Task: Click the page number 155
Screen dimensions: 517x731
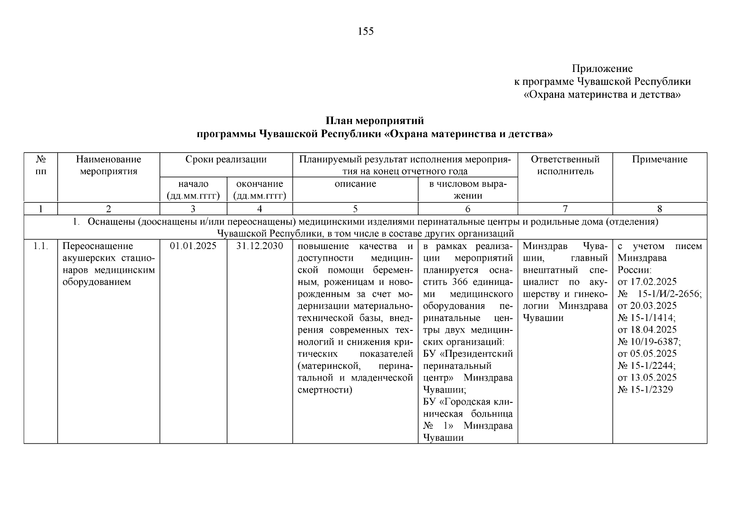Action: pyautogui.click(x=365, y=31)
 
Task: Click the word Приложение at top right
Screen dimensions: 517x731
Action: pyautogui.click(x=602, y=69)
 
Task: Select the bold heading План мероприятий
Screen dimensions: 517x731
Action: pyautogui.click(x=374, y=121)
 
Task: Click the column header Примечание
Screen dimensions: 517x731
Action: pyautogui.click(x=659, y=159)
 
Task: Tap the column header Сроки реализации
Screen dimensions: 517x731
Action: pyautogui.click(x=226, y=159)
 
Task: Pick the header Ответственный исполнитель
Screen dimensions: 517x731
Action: pyautogui.click(x=565, y=165)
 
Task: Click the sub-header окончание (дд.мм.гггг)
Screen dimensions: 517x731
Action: pyautogui.click(x=260, y=190)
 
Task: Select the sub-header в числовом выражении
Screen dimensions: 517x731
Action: pyautogui.click(x=467, y=190)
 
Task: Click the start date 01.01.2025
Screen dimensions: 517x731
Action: pyautogui.click(x=193, y=246)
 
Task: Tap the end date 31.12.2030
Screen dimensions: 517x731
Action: pyautogui.click(x=260, y=246)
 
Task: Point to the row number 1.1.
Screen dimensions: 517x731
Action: pyautogui.click(x=40, y=246)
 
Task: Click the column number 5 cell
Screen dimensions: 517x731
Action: pyautogui.click(x=355, y=209)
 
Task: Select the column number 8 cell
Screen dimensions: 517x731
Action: pyautogui.click(x=659, y=209)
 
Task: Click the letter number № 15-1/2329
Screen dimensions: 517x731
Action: pyautogui.click(x=645, y=390)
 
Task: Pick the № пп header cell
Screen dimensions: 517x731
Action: pyautogui.click(x=40, y=165)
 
